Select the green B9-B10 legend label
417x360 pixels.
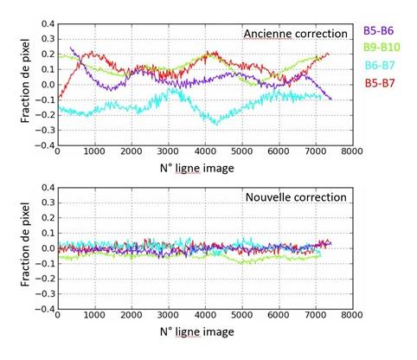[x=384, y=47]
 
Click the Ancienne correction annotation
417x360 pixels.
[x=295, y=34]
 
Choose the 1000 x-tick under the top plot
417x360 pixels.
[x=93, y=153]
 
